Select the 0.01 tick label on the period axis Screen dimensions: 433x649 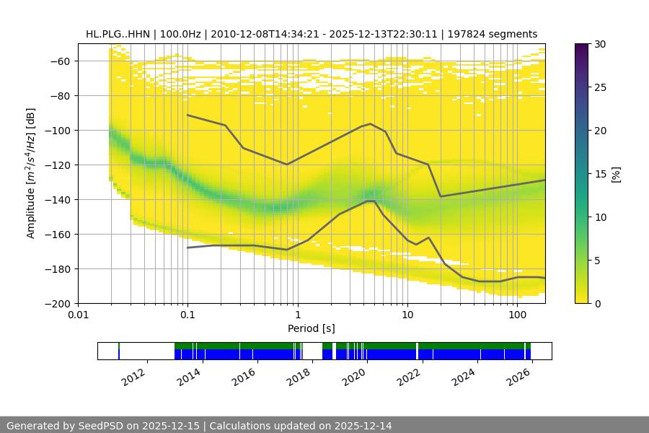point(78,315)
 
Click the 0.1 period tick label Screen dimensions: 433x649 point(187,315)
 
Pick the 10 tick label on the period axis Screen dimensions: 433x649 point(407,315)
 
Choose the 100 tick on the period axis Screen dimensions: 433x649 point(517,315)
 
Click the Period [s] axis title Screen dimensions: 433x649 point(311,329)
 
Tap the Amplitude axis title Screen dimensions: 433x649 point(30,173)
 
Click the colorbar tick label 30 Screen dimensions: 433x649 point(601,45)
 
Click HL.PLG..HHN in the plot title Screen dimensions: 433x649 point(117,34)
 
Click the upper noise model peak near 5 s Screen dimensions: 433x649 point(371,123)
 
